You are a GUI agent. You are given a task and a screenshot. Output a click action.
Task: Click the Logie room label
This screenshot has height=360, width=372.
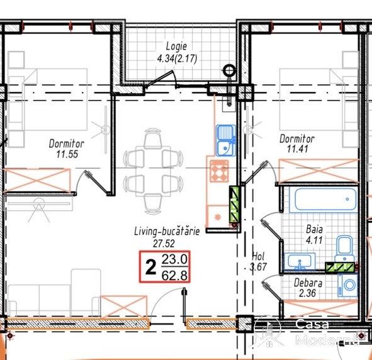coord(176,47)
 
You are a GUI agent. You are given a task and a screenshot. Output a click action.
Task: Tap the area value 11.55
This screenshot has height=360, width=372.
coord(67,154)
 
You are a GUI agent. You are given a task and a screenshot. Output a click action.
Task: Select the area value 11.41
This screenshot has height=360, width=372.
coord(298,149)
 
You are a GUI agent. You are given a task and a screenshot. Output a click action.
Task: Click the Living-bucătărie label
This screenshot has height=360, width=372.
coord(167,231)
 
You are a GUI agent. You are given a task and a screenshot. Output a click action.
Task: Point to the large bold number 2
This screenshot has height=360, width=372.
coord(151,267)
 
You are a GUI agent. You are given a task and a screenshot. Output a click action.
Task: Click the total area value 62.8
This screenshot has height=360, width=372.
coord(174,276)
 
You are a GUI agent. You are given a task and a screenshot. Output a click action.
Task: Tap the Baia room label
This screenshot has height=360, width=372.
coord(314,229)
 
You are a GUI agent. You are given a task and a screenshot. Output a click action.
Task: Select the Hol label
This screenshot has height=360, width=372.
coord(258,256)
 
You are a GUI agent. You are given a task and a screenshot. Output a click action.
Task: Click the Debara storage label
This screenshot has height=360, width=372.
coord(308,283)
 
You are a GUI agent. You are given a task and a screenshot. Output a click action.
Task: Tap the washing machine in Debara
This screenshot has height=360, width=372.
coord(348,285)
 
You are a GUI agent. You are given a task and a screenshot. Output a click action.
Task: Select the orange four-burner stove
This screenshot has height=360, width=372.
coord(219,171)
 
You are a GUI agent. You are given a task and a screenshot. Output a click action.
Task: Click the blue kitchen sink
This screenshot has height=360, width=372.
coord(226,140)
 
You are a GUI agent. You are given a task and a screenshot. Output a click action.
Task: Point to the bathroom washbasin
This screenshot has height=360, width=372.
coord(300,262)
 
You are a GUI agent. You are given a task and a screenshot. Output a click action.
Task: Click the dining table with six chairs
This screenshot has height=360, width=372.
coord(153,171)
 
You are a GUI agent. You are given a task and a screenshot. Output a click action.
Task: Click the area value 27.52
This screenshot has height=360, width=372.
coord(164,244)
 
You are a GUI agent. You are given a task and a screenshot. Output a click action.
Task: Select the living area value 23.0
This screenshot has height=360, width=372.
coord(174,259)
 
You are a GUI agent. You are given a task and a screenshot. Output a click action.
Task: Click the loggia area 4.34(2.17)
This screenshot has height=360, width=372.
coord(177,59)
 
